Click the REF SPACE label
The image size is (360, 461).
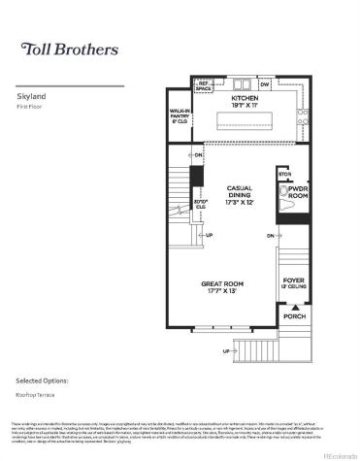205,86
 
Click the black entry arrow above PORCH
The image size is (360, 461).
291,305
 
